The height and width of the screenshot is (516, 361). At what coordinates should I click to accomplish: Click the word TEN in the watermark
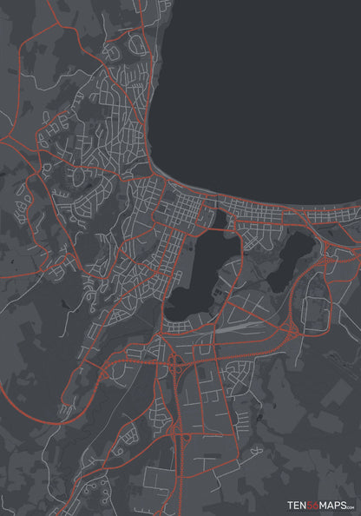click(x=299, y=504)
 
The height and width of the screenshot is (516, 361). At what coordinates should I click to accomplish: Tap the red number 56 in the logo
click(x=316, y=504)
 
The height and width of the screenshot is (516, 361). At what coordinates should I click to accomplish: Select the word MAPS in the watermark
click(x=336, y=504)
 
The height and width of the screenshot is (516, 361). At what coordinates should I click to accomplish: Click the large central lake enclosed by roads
click(x=201, y=274)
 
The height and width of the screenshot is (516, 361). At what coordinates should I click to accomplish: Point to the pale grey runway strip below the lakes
click(x=234, y=329)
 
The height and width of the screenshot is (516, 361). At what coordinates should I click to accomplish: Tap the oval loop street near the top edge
click(x=136, y=43)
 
